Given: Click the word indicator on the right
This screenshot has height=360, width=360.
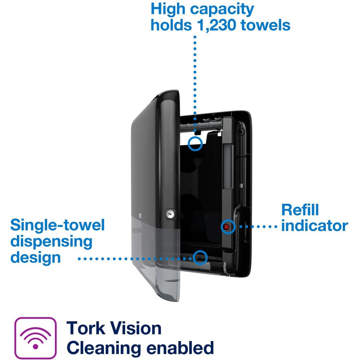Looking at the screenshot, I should point(314,226).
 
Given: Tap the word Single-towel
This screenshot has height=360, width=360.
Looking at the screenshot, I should point(57,225).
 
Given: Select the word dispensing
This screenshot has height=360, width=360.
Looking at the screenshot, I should point(51,241).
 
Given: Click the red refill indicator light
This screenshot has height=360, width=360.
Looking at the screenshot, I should point(228,226).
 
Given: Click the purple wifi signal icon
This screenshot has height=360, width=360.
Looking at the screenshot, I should point(36,337).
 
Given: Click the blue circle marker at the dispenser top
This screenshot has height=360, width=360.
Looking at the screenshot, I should point(195,143).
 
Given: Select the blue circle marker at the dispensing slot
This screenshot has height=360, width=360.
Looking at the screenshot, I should point(200,258).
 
